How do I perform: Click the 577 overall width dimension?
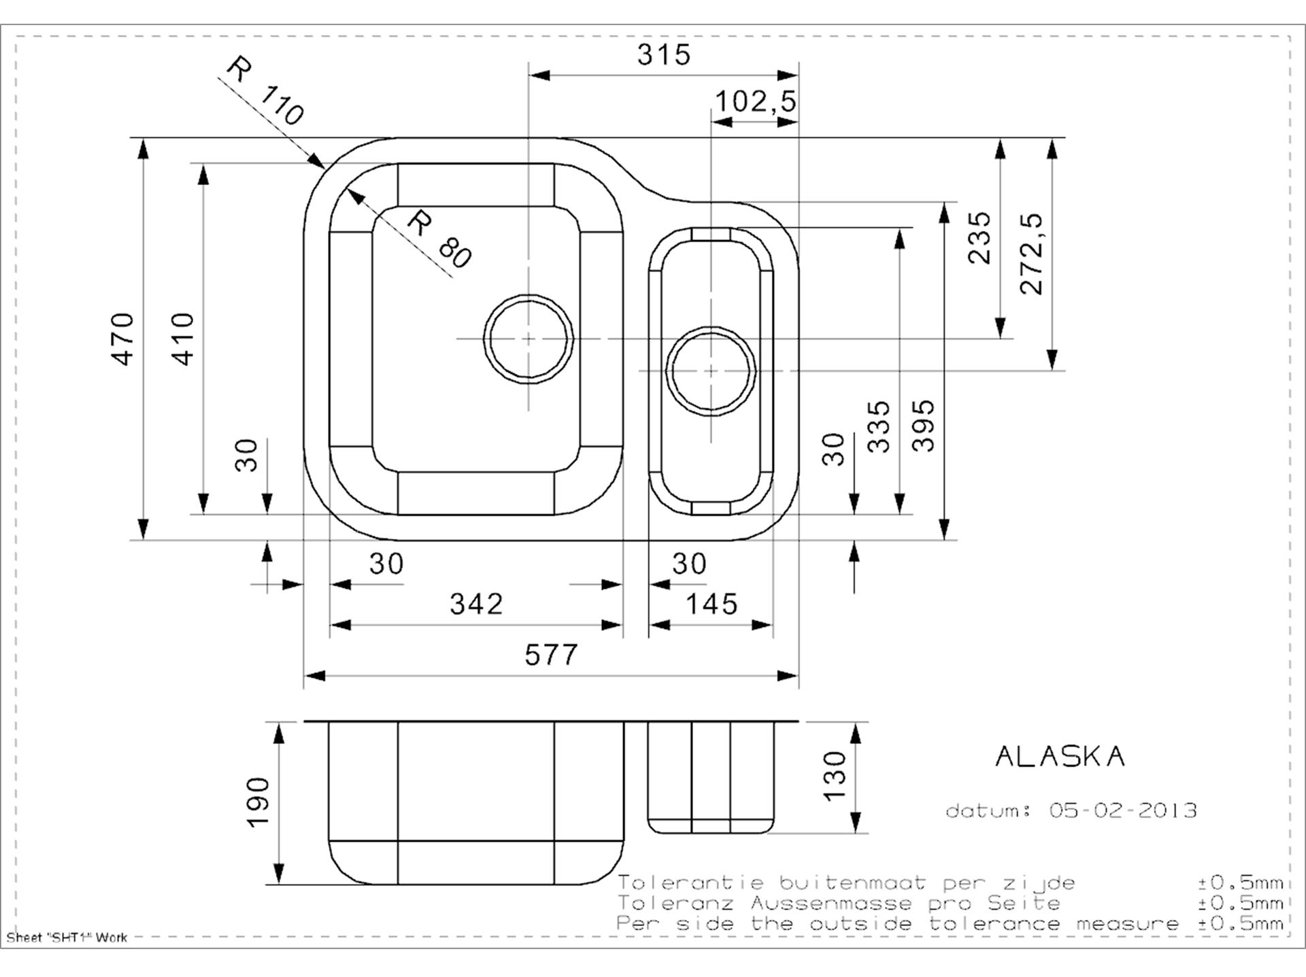(x=551, y=655)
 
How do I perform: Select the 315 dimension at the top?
(x=663, y=54)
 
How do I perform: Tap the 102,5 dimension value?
(x=755, y=102)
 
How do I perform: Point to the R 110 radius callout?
(x=265, y=91)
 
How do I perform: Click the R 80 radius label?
(x=439, y=239)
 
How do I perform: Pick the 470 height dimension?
(x=123, y=339)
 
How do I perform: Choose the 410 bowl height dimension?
(x=183, y=339)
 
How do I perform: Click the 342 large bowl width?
(x=476, y=604)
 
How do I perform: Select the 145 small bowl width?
(x=711, y=604)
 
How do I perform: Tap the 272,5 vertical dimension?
(x=1031, y=254)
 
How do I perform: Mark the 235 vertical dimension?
(x=979, y=237)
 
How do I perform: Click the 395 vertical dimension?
(x=923, y=426)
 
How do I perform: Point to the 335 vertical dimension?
(x=879, y=426)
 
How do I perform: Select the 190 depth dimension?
(x=258, y=802)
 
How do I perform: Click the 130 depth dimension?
(x=834, y=776)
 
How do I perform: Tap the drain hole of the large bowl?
(x=529, y=339)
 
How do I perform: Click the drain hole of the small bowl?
(x=711, y=371)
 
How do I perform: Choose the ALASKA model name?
(x=1060, y=757)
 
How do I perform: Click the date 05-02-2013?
(x=1123, y=810)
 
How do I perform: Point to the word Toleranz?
(x=675, y=903)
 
